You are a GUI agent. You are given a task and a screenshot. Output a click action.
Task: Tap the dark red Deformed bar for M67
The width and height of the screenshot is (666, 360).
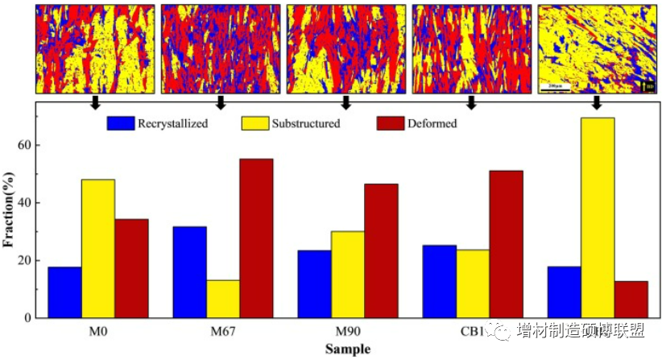256,238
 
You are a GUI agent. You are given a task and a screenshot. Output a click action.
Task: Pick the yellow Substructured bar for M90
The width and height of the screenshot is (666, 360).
348,275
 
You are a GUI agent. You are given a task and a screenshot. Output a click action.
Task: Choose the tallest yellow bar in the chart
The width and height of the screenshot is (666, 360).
598,217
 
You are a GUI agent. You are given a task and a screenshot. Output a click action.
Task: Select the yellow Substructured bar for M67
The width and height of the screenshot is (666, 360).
223,299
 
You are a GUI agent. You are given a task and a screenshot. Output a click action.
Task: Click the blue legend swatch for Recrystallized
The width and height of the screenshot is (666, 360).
120,124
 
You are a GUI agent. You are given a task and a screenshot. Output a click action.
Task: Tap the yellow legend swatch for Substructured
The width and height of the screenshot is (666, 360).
254,124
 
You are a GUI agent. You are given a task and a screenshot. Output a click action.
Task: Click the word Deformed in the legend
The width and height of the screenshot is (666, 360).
432,124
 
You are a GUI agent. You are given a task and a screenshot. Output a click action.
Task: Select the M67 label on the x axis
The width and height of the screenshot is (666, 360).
222,333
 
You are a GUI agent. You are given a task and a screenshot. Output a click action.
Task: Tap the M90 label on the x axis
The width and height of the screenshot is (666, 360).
348,333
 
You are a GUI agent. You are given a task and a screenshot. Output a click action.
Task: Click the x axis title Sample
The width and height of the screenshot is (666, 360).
348,350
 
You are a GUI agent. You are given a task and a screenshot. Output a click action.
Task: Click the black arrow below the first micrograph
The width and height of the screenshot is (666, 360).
95,102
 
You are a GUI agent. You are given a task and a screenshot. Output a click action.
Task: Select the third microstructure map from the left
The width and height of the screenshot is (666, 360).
346,49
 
